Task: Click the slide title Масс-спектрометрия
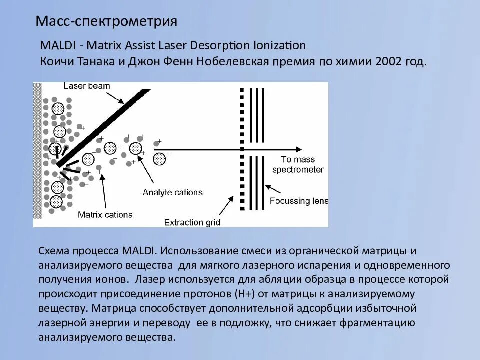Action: [107, 21]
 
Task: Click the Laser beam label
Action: [87, 86]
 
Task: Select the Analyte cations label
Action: [172, 192]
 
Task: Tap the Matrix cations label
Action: [105, 215]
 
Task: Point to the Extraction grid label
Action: [192, 222]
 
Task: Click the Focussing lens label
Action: [299, 201]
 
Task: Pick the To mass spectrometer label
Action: [298, 165]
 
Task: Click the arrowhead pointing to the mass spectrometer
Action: [298, 149]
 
